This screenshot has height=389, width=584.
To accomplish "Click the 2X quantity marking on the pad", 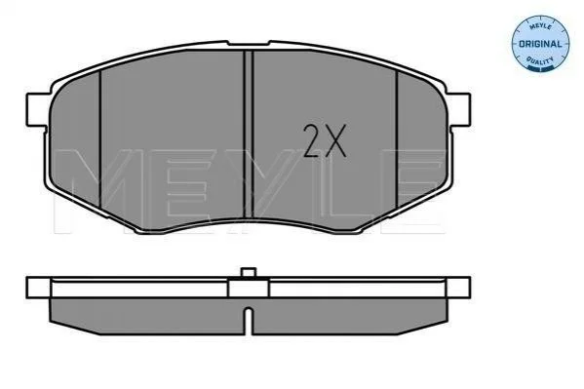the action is (325, 140).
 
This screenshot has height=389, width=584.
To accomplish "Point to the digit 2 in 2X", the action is (312, 140).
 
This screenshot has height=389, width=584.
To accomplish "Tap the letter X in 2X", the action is (335, 140).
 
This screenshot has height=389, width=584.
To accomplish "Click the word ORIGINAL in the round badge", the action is (540, 44).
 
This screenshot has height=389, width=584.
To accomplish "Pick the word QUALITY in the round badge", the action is (540, 60).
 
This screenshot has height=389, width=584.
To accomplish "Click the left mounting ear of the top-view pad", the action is (37, 110).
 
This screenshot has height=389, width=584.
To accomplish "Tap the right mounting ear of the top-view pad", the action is (459, 110).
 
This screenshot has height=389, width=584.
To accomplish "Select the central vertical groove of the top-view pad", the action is (248, 135).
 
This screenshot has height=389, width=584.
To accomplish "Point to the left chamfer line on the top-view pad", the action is (100, 139).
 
